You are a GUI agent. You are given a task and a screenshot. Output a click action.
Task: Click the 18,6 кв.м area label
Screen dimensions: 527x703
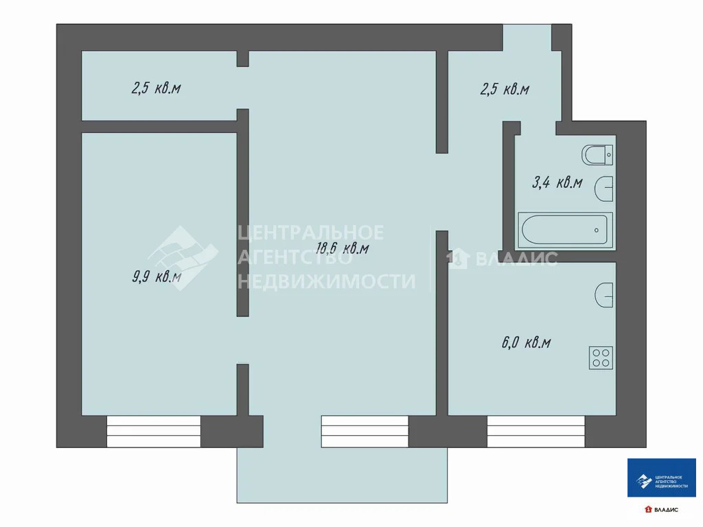coord(342,248)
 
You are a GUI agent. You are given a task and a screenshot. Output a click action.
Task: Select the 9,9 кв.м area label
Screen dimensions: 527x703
coord(157,277)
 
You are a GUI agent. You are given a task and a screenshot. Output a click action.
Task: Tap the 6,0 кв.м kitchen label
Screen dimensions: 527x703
coord(526,342)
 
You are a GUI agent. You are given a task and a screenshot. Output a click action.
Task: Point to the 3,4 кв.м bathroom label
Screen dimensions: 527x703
coord(557,183)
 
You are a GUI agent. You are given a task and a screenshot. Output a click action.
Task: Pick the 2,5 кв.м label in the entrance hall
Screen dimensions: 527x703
coord(505,89)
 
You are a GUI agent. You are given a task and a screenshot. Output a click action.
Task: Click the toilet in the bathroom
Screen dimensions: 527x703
coord(597,156)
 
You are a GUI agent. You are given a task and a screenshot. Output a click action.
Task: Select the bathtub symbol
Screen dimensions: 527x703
coord(564,230)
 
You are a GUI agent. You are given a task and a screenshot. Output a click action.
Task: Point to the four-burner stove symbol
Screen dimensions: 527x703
coord(601,358)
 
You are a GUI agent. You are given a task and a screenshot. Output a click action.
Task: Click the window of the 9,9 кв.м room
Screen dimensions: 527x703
coord(154,431)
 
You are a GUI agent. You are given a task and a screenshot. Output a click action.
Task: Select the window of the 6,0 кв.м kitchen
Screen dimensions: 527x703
coord(535,431)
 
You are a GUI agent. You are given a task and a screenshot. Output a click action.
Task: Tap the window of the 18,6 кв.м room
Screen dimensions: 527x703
coord(365,431)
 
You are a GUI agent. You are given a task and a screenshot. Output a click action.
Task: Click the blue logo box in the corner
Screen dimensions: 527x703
coord(661,478)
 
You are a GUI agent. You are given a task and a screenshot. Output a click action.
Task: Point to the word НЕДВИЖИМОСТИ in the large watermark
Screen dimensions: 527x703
coord(327,281)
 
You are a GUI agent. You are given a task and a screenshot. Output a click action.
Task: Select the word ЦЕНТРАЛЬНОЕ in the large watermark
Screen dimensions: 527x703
coord(311,233)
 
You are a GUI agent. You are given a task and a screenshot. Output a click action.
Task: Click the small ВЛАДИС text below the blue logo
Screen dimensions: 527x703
coord(665,510)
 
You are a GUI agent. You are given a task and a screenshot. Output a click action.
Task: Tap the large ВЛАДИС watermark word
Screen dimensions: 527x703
coord(516,259)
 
